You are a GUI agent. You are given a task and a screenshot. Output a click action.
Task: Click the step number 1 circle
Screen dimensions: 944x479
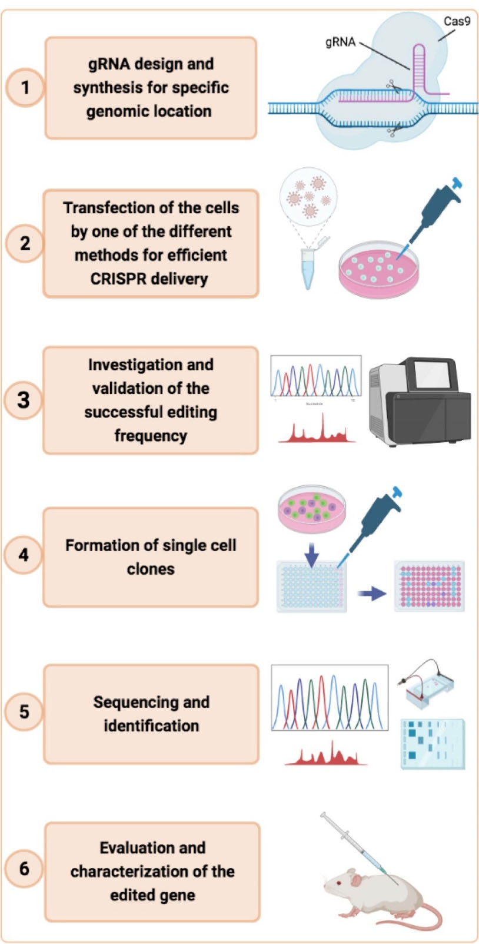pos(25,88)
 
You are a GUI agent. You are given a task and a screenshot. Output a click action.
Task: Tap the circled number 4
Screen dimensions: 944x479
pos(24,555)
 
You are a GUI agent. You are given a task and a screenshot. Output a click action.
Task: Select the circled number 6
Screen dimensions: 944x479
pos(24,868)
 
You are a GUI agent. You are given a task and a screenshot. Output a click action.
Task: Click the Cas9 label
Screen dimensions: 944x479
pos(457,22)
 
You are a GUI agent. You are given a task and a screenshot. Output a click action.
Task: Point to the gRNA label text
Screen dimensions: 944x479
pos(340,42)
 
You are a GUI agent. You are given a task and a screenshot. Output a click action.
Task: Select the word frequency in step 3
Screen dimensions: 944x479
pos(151,436)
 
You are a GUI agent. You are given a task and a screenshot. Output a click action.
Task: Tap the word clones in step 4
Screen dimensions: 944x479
pos(151,569)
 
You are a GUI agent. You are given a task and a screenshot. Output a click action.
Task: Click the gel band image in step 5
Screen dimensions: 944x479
pos(433,743)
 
